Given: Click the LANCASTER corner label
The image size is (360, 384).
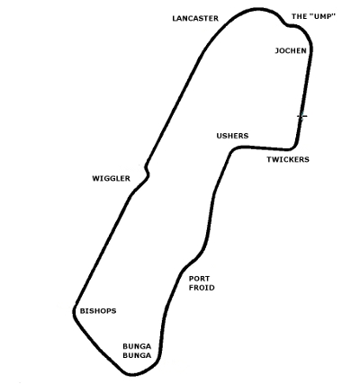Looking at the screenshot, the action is coord(195,19).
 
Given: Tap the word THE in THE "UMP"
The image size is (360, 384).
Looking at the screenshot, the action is coord(299,16).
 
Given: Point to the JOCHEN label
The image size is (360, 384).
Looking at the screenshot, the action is coord(291,50).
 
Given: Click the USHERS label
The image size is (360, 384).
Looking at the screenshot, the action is coord(232,136).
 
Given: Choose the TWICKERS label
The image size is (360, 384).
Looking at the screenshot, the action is coord(288,159).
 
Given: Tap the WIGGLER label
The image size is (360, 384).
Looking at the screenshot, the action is coord(111,179).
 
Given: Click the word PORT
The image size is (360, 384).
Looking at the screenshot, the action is coord(199,279).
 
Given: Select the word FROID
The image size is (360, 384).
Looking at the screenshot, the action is coord(202,288).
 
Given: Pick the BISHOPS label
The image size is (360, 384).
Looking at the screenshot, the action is coord(98,311).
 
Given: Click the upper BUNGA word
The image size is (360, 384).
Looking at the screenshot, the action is coord(137,346).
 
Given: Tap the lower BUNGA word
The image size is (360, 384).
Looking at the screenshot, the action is coord(137,356).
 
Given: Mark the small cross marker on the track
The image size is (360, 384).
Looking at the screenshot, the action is coord(302,116).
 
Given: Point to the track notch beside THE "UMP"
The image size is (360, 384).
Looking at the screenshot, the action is coord(287,24).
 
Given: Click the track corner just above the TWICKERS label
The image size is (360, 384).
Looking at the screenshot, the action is coord(294,146).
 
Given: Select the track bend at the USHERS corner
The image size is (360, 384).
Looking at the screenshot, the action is coord(232,150).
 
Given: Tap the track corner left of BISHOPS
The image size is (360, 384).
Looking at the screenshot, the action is coord(74,312).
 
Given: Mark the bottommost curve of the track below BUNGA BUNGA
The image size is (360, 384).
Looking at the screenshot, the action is coord(132,374).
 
